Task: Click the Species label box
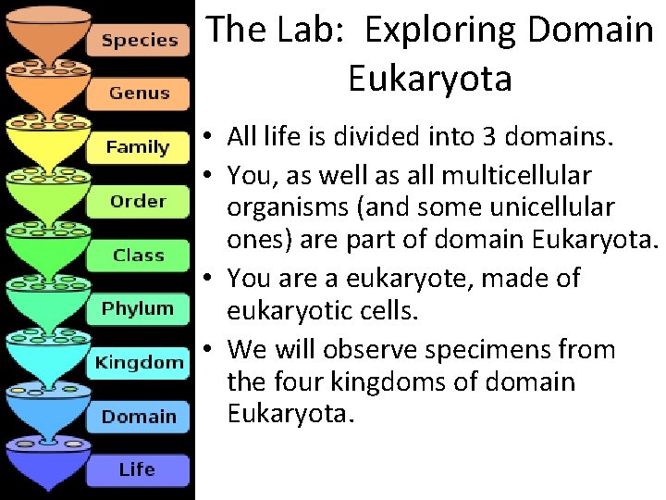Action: click(139, 40)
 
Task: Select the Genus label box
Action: click(139, 94)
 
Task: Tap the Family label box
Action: click(138, 147)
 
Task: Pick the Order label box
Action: click(138, 201)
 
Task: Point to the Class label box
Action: click(138, 255)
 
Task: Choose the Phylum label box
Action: click(138, 308)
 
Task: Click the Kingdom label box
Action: click(139, 362)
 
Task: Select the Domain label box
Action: click(138, 416)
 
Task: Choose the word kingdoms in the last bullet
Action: click(374, 382)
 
